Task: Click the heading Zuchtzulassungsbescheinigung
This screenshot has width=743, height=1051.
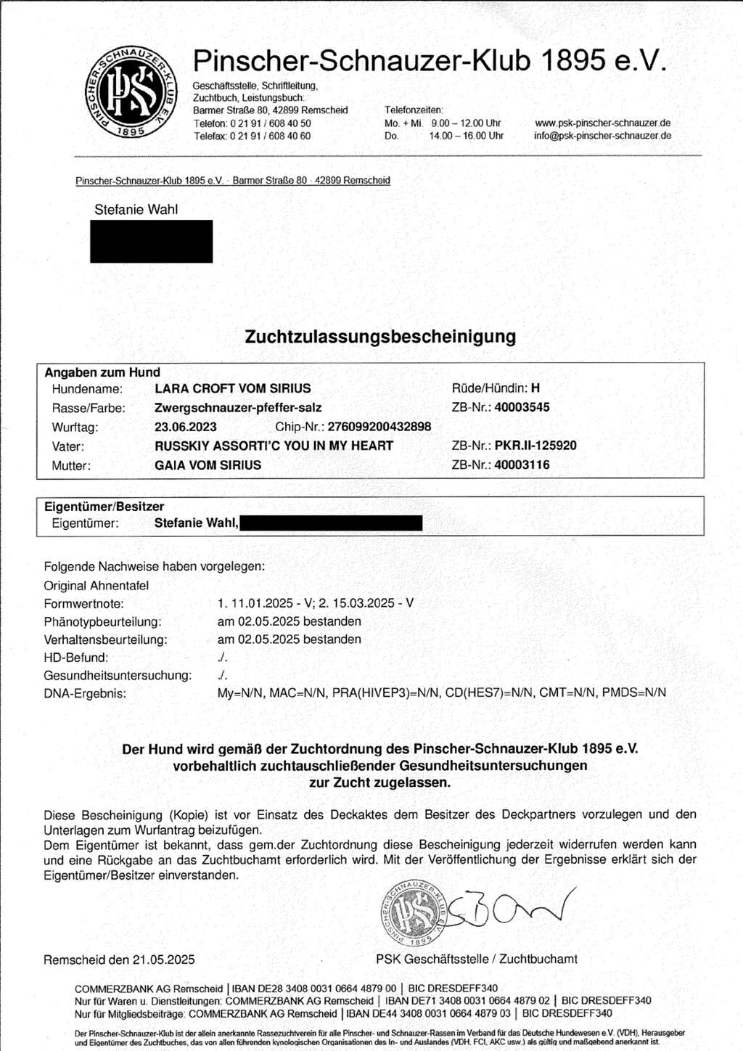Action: pyautogui.click(x=380, y=337)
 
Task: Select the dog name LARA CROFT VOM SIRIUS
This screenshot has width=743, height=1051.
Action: pyautogui.click(x=232, y=388)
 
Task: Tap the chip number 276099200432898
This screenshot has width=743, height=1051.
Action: pyautogui.click(x=379, y=427)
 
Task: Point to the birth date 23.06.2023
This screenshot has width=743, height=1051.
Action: pyautogui.click(x=186, y=427)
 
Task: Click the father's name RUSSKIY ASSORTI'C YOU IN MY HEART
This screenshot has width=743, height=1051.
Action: pyautogui.click(x=274, y=446)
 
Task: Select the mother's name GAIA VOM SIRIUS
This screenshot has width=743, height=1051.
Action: pyautogui.click(x=208, y=465)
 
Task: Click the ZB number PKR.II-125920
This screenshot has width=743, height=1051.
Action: pyautogui.click(x=535, y=446)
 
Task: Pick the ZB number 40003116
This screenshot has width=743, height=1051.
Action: pyautogui.click(x=522, y=465)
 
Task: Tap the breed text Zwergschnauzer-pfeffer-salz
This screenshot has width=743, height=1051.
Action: pyautogui.click(x=238, y=408)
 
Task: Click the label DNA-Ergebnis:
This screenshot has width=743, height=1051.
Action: pyautogui.click(x=85, y=694)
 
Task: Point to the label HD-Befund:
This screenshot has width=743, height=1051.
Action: pyautogui.click(x=76, y=658)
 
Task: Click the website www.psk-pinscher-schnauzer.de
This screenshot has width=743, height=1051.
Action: pyautogui.click(x=602, y=123)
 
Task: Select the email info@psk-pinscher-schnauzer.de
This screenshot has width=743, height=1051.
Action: pyautogui.click(x=602, y=136)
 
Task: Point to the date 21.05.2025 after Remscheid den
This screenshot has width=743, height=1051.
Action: pyautogui.click(x=163, y=960)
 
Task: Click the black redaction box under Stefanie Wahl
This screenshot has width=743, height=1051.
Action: pyautogui.click(x=151, y=241)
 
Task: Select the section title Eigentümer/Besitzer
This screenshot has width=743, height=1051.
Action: pyautogui.click(x=104, y=507)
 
